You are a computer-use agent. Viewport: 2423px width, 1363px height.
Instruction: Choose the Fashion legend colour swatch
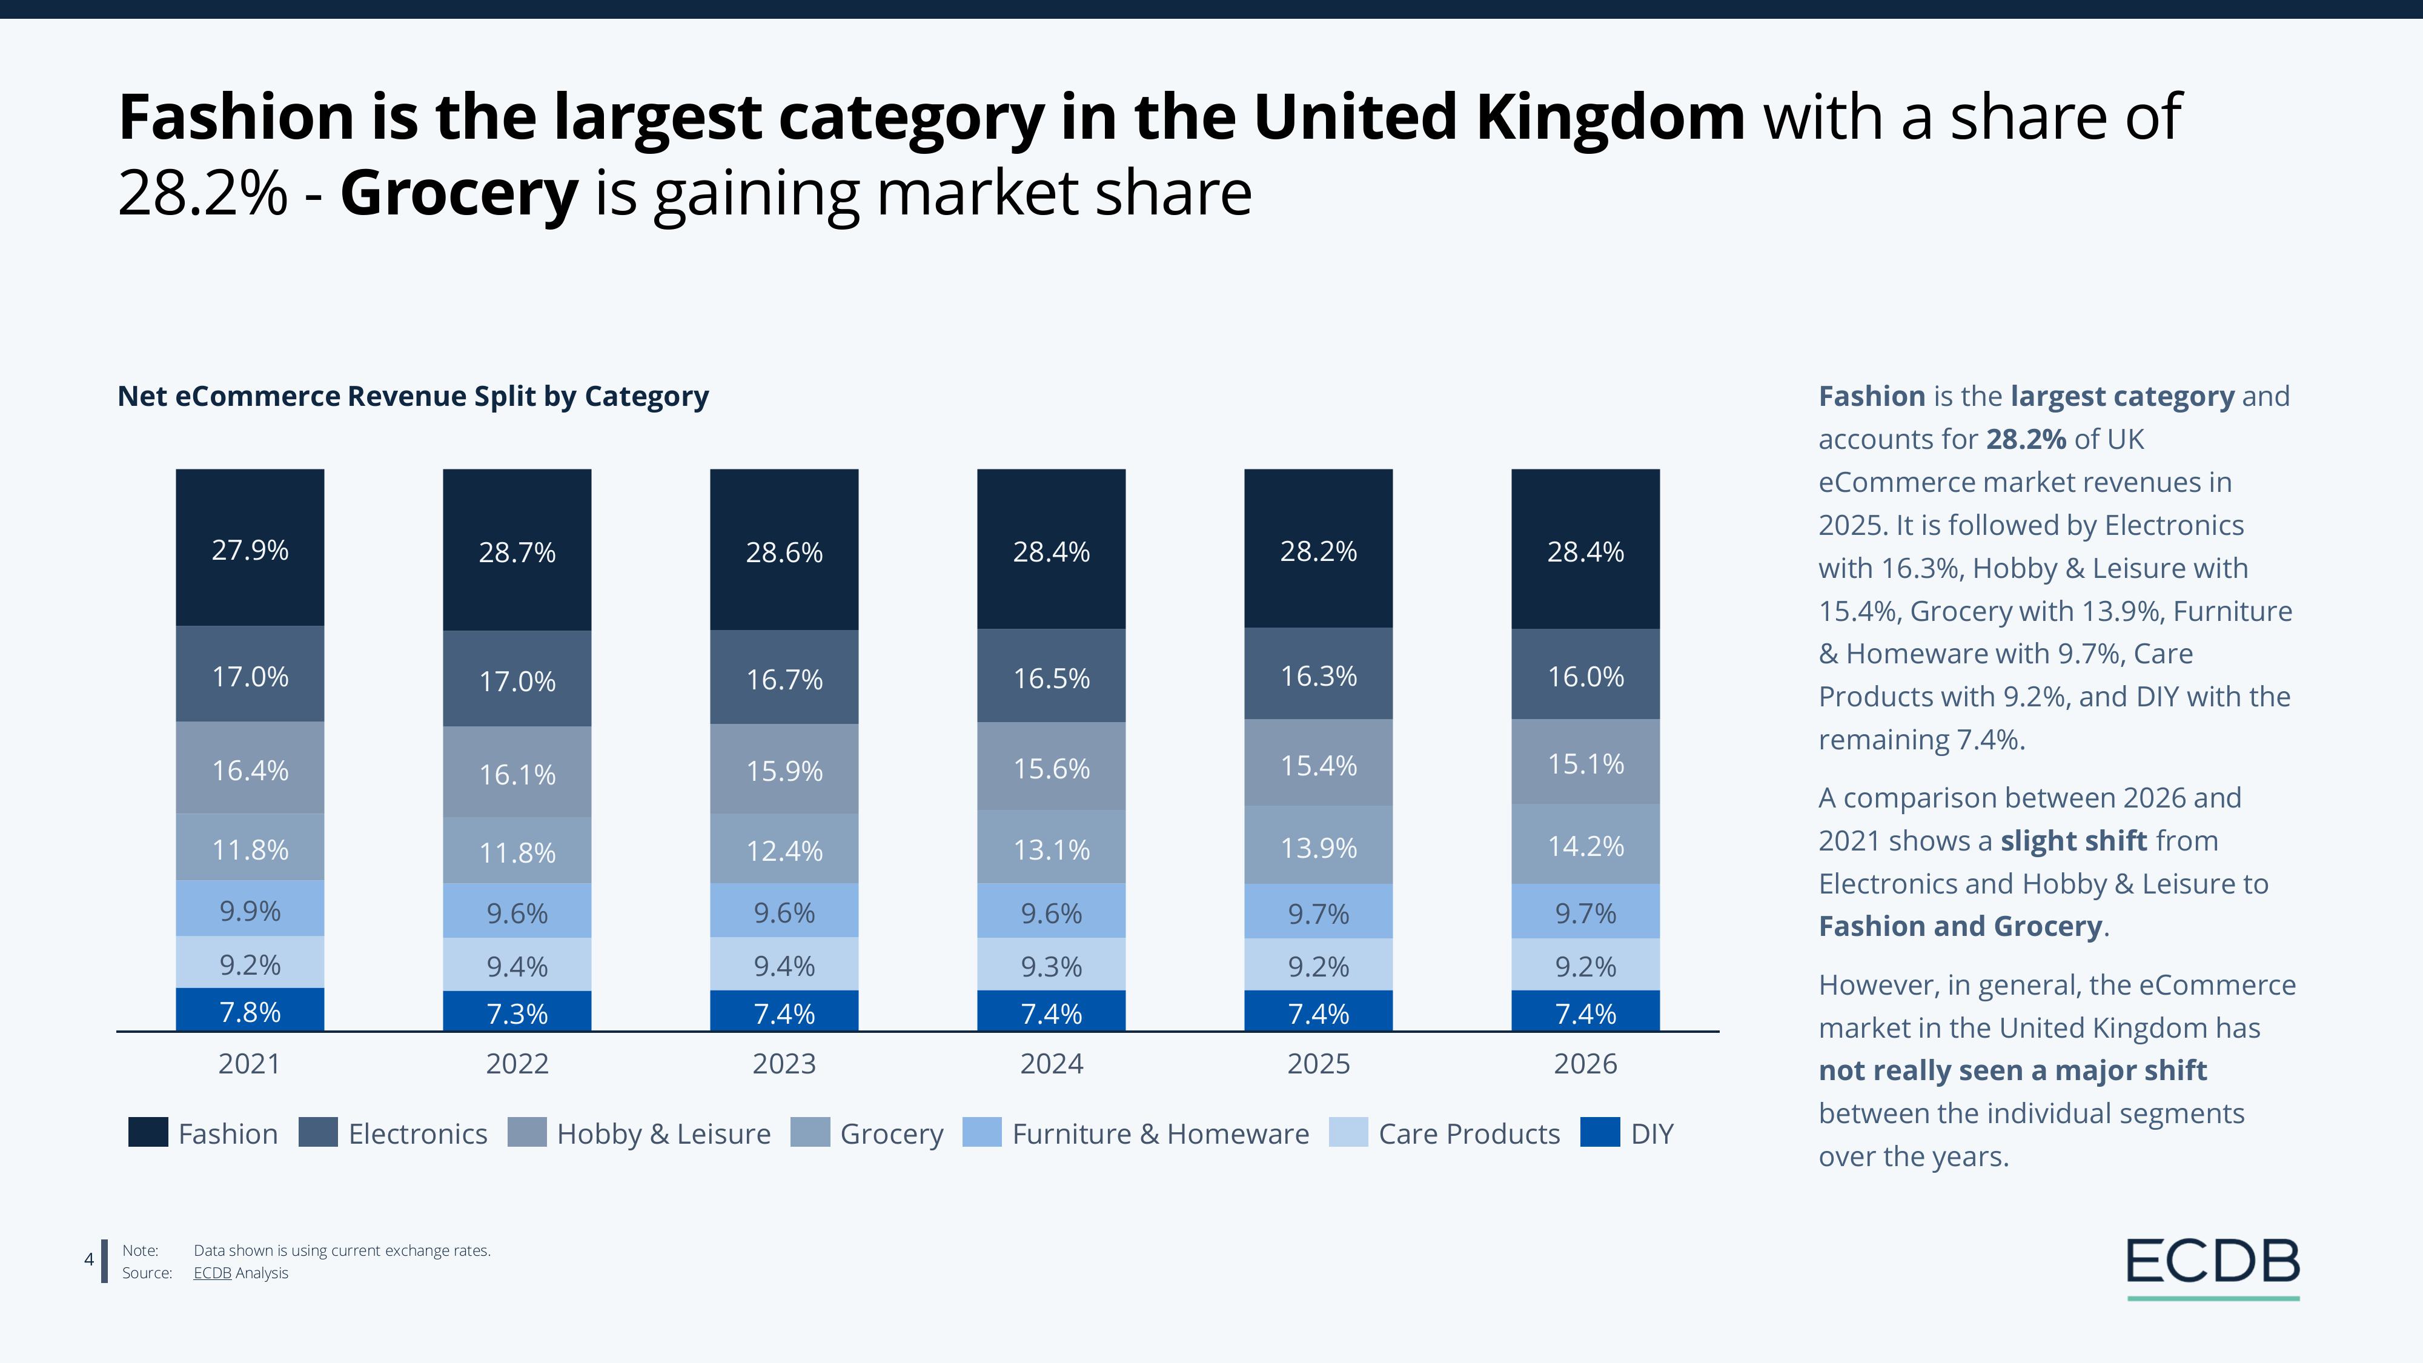[148, 1133]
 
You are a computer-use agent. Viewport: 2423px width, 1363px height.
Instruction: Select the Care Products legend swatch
[1348, 1133]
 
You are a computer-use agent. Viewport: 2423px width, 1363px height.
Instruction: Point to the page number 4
[90, 1259]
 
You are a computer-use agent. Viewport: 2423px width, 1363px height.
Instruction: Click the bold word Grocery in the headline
[459, 193]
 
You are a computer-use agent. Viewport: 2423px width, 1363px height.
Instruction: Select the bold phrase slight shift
[2073, 840]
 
